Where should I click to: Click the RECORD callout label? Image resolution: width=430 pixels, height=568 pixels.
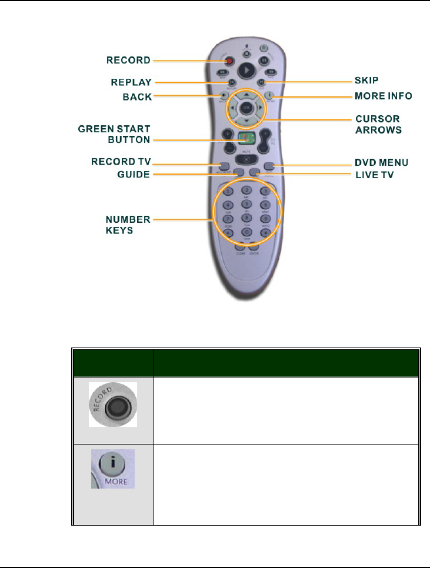(x=128, y=60)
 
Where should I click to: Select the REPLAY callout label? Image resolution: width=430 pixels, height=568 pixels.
(x=131, y=82)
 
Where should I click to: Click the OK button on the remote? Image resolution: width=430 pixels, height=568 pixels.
(x=248, y=108)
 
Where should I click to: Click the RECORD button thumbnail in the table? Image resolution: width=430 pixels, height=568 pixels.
(x=113, y=404)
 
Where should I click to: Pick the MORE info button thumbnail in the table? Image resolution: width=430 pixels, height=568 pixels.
(x=112, y=468)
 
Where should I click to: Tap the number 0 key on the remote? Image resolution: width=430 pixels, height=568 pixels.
(x=248, y=233)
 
